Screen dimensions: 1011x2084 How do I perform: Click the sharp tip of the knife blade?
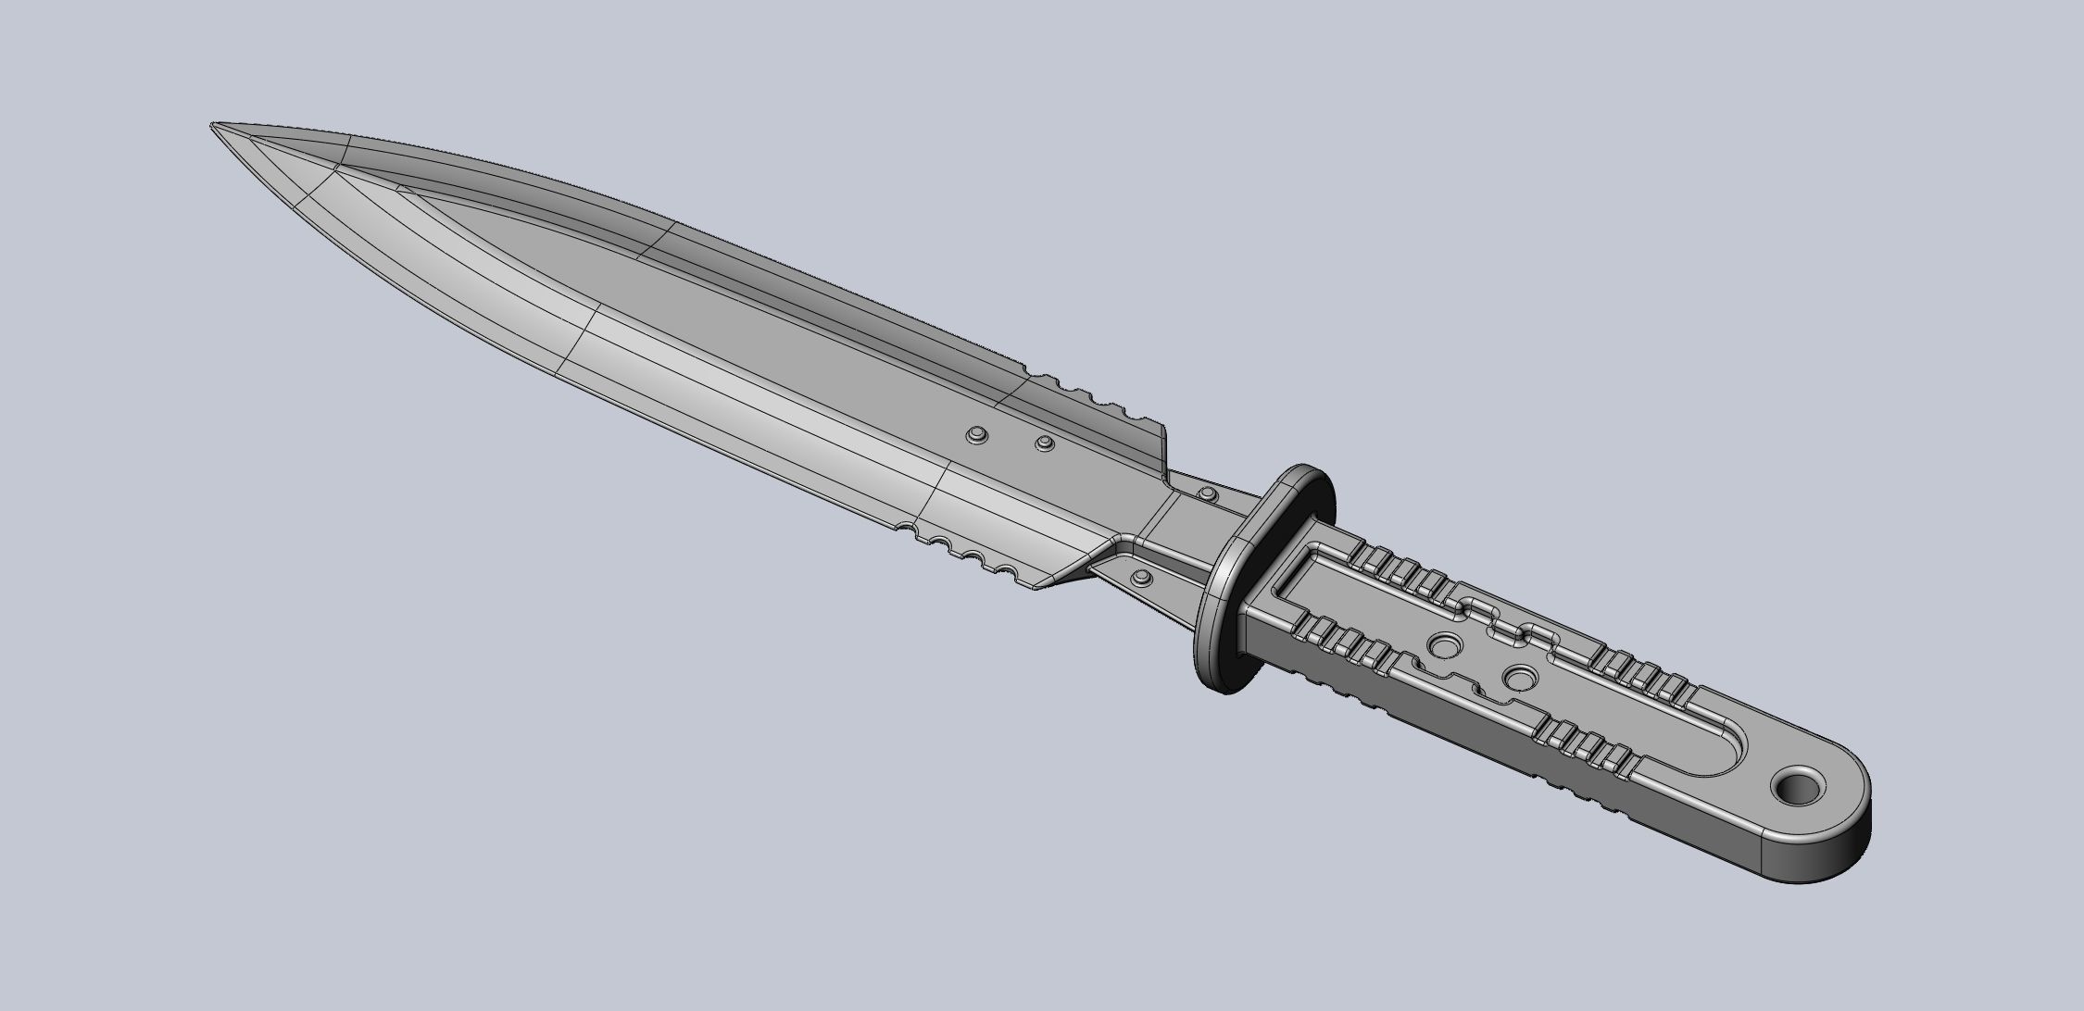click(215, 125)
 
